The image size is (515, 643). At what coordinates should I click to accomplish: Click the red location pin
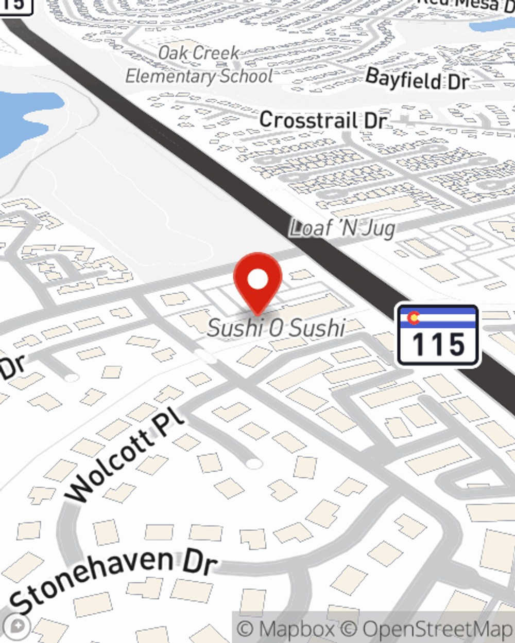click(x=257, y=280)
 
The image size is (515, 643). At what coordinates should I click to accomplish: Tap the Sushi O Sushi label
click(x=276, y=328)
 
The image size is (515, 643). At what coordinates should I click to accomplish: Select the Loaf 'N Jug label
click(x=342, y=228)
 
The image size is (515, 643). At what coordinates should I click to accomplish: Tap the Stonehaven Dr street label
click(x=113, y=579)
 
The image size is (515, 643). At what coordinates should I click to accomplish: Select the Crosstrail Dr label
click(x=323, y=120)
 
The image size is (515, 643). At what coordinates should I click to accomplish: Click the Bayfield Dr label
click(x=417, y=79)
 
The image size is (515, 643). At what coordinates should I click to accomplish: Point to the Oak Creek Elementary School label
click(x=199, y=65)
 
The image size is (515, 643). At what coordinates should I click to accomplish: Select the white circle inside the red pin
click(x=257, y=279)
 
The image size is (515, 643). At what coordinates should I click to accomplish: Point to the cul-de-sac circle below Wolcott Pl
click(x=253, y=464)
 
